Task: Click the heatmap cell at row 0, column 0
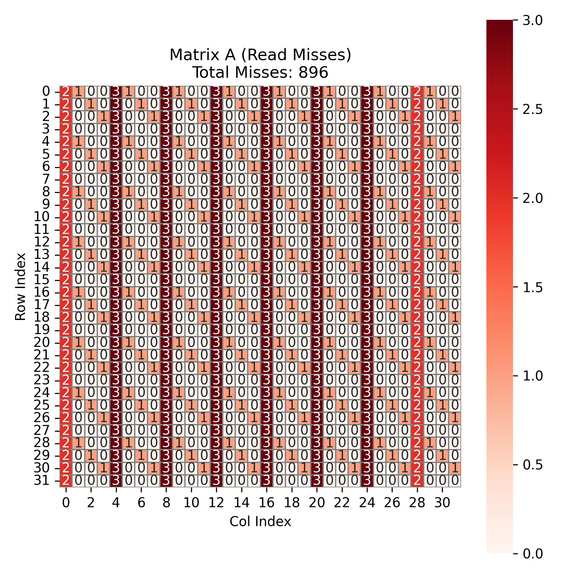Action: pyautogui.click(x=66, y=92)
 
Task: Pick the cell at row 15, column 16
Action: pyautogui.click(x=267, y=280)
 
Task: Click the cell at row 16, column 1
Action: pyautogui.click(x=78, y=292)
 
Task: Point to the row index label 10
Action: pyautogui.click(x=42, y=217)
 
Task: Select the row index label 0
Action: pyautogui.click(x=46, y=92)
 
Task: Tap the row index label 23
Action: pyautogui.click(x=42, y=380)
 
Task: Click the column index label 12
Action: pyautogui.click(x=216, y=503)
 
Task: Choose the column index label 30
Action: pyautogui.click(x=442, y=503)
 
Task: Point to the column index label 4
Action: pyautogui.click(x=116, y=503)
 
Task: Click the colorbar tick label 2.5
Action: pyautogui.click(x=533, y=109)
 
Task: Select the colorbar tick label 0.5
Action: pyautogui.click(x=533, y=465)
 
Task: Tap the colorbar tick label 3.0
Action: pyautogui.click(x=533, y=20)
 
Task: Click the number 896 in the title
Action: pyautogui.click(x=313, y=73)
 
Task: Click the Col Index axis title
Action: pyautogui.click(x=260, y=521)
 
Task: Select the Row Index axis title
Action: pyautogui.click(x=20, y=286)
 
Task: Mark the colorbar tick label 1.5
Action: pyautogui.click(x=533, y=287)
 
